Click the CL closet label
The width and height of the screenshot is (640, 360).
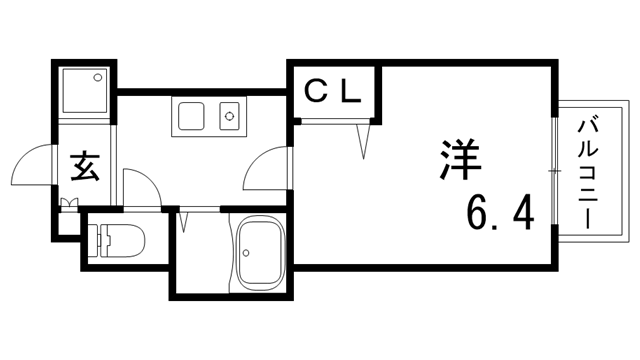(x=331, y=92)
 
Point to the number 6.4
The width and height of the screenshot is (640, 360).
(x=499, y=212)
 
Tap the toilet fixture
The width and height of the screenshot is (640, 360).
(x=118, y=240)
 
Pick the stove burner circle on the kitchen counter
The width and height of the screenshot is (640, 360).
(x=231, y=117)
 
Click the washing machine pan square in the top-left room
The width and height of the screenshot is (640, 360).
(x=85, y=89)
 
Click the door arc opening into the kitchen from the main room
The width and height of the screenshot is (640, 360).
(x=265, y=169)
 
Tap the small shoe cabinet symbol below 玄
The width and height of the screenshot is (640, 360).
(x=70, y=207)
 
